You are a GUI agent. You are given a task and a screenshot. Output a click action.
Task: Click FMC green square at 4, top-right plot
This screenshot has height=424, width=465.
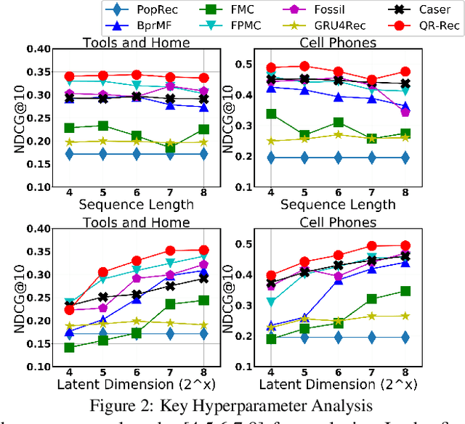pos(271,114)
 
